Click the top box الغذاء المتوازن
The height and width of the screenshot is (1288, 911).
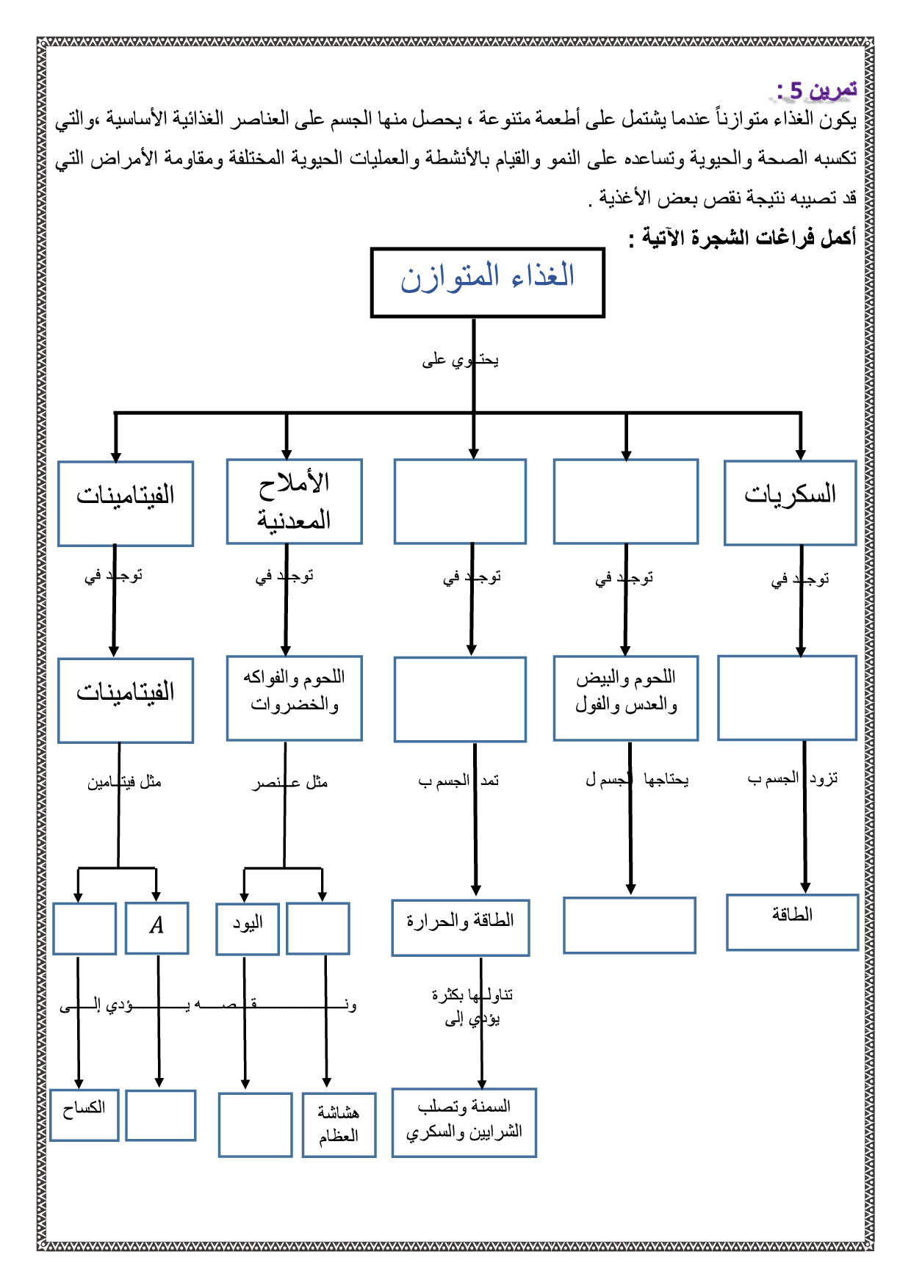(487, 283)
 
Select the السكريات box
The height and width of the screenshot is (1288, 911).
(790, 502)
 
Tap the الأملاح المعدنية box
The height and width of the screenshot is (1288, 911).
(294, 502)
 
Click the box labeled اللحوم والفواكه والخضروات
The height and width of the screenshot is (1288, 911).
(294, 698)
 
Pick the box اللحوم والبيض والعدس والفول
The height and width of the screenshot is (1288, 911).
(625, 698)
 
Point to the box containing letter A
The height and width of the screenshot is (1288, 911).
(156, 927)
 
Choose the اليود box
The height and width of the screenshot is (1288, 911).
(248, 928)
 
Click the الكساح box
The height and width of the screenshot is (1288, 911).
(84, 1115)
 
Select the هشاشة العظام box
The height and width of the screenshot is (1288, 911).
(339, 1124)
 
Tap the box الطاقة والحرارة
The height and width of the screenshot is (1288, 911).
(460, 927)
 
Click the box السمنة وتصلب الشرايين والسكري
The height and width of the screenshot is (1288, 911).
(464, 1122)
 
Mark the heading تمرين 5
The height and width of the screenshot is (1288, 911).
(817, 90)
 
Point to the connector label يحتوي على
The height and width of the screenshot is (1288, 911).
(460, 360)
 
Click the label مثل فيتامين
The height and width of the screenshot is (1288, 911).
(124, 782)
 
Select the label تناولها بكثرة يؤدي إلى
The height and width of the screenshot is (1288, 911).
(472, 1006)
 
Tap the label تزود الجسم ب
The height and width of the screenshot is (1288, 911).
(793, 778)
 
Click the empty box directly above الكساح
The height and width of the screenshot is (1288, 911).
(84, 928)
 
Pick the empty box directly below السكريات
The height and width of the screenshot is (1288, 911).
(787, 698)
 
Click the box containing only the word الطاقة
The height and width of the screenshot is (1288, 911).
(792, 922)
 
